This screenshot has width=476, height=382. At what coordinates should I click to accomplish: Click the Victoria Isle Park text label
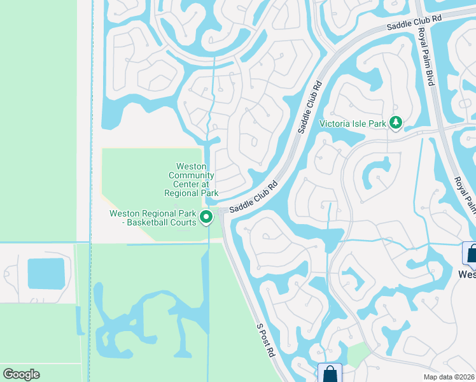[x=353, y=123]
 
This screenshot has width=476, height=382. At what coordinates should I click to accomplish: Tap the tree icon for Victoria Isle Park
[x=396, y=122]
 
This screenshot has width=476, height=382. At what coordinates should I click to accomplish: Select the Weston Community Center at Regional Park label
[x=192, y=180]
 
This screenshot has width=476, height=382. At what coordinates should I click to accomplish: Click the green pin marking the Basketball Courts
[x=206, y=218]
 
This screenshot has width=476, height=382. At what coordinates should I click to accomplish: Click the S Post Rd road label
[x=266, y=339]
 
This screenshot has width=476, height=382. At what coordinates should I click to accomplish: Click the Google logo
[x=21, y=374]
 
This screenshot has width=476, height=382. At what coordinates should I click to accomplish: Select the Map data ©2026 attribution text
[x=449, y=377]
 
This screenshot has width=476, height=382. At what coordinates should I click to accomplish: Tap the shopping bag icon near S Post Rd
[x=330, y=373]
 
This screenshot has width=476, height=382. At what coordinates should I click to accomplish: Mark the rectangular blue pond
[x=46, y=273]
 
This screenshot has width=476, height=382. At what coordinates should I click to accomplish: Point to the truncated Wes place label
[x=467, y=274]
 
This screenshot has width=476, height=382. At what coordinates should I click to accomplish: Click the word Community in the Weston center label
[x=192, y=180]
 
